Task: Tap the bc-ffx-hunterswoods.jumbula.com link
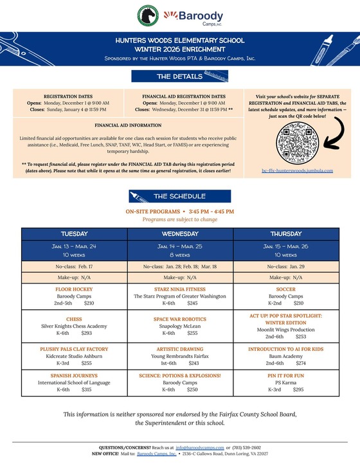(297, 170)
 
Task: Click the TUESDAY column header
(74, 233)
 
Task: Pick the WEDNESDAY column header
(180, 233)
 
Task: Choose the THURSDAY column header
(285, 233)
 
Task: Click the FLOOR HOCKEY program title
(74, 290)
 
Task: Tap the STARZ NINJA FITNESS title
(180, 290)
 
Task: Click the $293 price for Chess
(87, 334)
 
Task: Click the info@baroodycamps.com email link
(200, 447)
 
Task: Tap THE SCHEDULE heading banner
(179, 196)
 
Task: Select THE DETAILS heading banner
(179, 76)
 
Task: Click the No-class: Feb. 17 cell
(74, 265)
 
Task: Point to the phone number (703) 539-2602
(248, 447)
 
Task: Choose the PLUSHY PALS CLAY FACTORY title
(74, 349)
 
